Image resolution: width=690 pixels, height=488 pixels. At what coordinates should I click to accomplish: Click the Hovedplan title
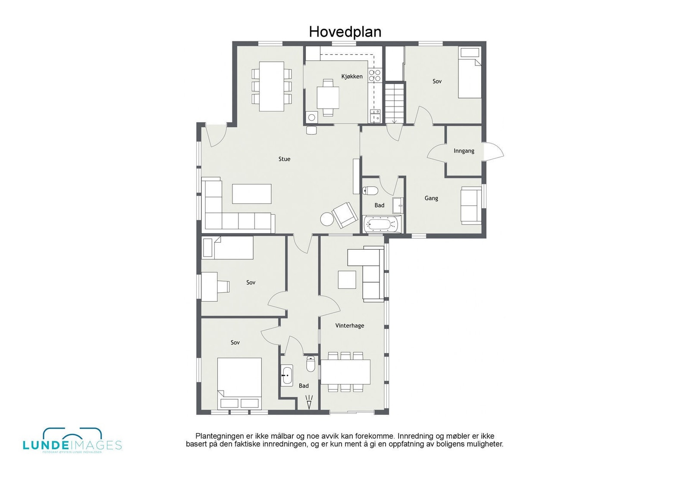coord(345,32)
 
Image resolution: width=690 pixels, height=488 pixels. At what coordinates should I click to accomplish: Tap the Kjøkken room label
coord(352,77)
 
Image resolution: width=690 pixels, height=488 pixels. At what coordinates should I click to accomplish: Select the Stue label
coord(284,159)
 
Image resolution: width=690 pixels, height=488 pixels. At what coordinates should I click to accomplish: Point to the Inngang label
coord(464,151)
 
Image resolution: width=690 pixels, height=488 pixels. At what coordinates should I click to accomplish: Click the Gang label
coord(431,198)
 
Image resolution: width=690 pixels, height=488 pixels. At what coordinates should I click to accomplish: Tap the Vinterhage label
coord(350,326)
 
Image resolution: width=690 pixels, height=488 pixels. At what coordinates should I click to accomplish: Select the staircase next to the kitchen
coord(395,103)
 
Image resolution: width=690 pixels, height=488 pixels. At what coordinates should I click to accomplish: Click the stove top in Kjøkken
coord(375,75)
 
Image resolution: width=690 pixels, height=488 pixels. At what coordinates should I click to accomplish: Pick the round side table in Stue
coord(327,219)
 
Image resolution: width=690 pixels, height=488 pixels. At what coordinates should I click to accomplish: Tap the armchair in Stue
coord(345,215)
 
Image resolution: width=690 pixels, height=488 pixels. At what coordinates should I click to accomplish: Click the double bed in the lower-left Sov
coord(239,381)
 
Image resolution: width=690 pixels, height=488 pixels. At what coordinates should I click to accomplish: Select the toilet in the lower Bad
coord(310,364)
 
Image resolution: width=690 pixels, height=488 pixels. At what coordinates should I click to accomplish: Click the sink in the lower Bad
coord(287,375)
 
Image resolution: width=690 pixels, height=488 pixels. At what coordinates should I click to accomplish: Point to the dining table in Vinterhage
coord(345,372)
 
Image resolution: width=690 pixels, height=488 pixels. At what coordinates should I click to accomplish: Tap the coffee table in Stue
coord(252,194)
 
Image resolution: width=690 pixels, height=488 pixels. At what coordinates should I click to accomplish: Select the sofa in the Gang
coord(471,205)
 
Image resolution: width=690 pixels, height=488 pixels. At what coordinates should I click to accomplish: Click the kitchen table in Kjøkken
coord(328,97)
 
